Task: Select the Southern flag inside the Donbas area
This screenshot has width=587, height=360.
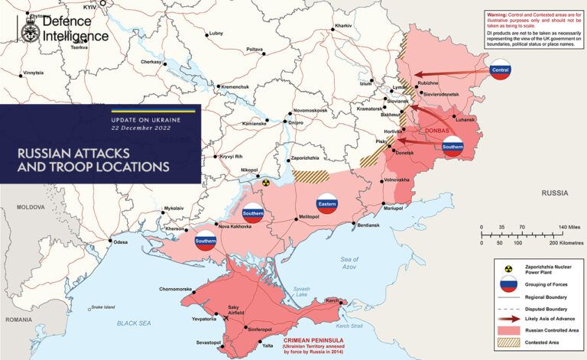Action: [452, 146]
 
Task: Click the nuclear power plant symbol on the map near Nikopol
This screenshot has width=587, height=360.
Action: [266, 183]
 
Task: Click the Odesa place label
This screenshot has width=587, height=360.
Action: [120, 242]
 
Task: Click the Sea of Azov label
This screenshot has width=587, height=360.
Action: [349, 262]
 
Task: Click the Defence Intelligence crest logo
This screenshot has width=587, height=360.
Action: [28, 29]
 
